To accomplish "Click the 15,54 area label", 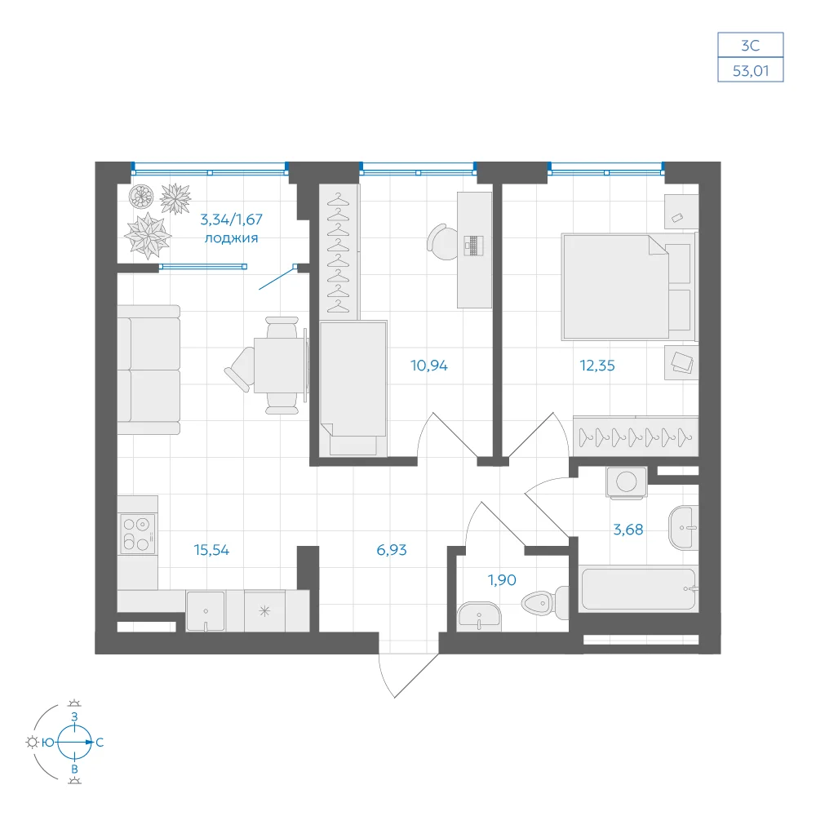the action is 211,550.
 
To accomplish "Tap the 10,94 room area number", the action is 429,366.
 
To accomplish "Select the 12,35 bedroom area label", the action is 597,366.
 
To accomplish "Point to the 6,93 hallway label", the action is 392,550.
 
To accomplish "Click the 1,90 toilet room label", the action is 502,579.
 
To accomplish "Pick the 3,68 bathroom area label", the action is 628,530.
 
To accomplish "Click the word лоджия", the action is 231,238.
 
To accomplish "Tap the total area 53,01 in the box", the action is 751,71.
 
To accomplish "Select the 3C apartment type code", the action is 751,46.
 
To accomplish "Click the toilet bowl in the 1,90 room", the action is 545,603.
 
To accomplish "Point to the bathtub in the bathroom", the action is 639,589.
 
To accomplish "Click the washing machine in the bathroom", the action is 627,482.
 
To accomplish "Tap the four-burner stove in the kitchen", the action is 138,534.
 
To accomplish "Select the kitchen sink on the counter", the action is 206,611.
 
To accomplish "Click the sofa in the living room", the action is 149,370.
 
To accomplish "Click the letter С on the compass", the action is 100,743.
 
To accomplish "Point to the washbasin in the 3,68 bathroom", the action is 683,528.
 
